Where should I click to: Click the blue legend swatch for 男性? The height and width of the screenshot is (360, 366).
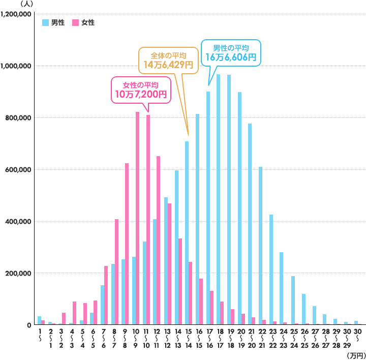45,22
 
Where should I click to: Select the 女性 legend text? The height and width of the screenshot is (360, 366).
88,22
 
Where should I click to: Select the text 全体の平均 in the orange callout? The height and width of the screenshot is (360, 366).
168,55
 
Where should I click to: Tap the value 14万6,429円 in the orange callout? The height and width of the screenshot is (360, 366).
168,65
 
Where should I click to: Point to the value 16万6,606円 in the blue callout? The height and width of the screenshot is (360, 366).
231,57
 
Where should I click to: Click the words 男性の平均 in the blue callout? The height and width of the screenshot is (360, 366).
231,48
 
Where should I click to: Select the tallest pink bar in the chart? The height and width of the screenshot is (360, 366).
137,219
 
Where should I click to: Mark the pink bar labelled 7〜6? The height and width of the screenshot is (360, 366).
106,295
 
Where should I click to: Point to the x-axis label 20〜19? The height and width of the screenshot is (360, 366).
242,338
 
